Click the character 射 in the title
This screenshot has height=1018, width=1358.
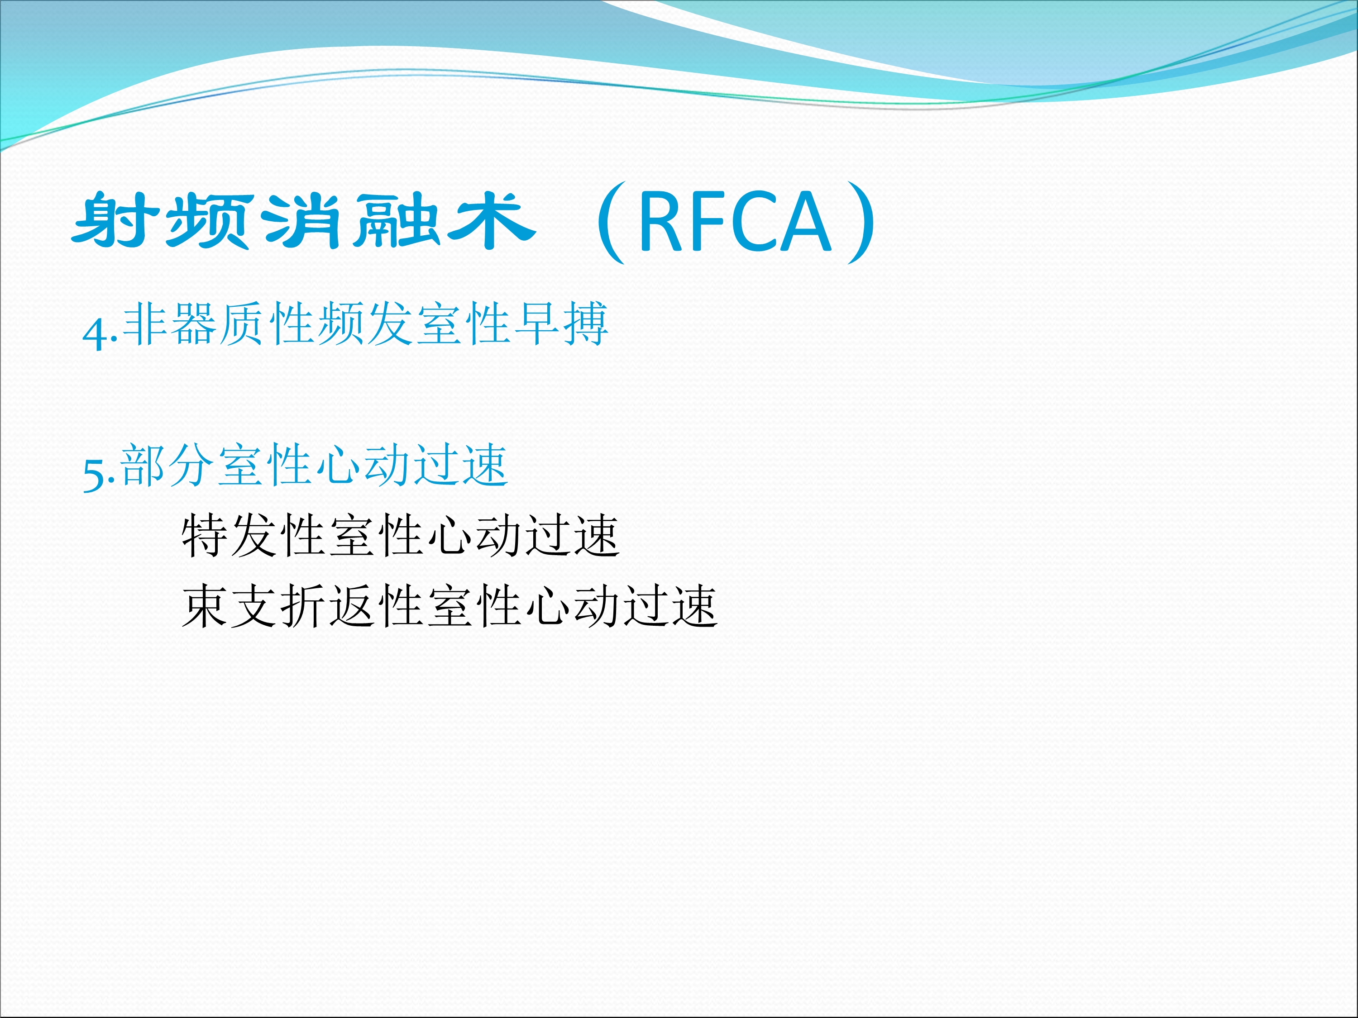(115, 220)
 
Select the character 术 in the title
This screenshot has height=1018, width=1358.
(491, 220)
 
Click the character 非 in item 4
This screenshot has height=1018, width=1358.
(145, 324)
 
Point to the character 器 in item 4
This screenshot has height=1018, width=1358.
(194, 324)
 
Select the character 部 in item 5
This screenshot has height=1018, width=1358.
(143, 465)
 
